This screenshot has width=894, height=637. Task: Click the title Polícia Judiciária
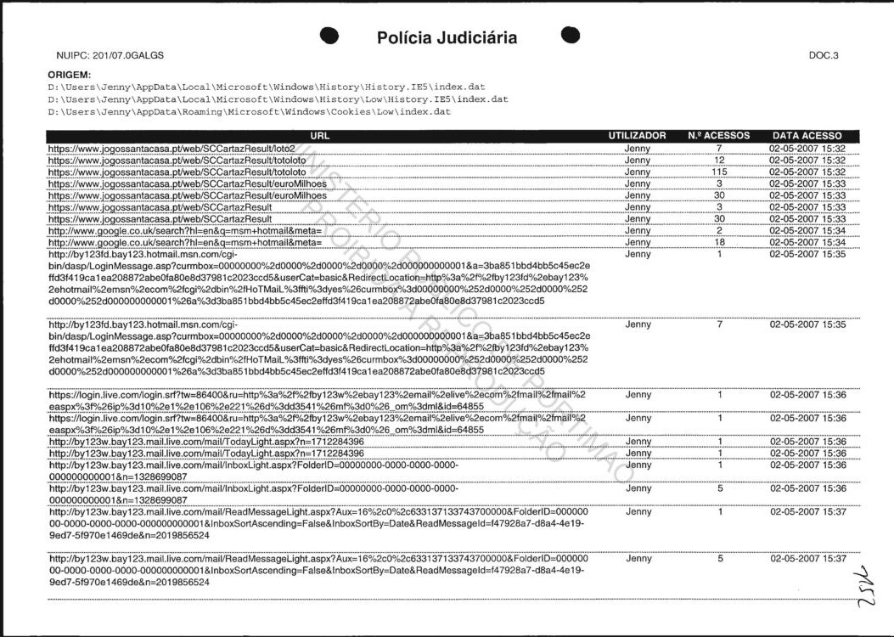click(446, 38)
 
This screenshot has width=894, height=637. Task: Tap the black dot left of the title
click(331, 36)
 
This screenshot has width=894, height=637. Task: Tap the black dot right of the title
click(571, 35)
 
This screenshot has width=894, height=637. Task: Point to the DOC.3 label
click(824, 56)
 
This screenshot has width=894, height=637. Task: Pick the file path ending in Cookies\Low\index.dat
click(248, 111)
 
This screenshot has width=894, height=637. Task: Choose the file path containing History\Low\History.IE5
click(278, 99)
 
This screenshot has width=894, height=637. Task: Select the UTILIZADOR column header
click(637, 136)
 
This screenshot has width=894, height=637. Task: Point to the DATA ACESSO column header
click(807, 136)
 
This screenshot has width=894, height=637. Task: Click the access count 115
click(719, 172)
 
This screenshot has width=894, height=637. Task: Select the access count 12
click(719, 160)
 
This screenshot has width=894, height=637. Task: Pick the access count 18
click(719, 242)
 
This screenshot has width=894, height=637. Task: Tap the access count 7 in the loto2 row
click(719, 148)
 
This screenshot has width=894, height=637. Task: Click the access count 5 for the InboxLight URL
click(719, 489)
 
